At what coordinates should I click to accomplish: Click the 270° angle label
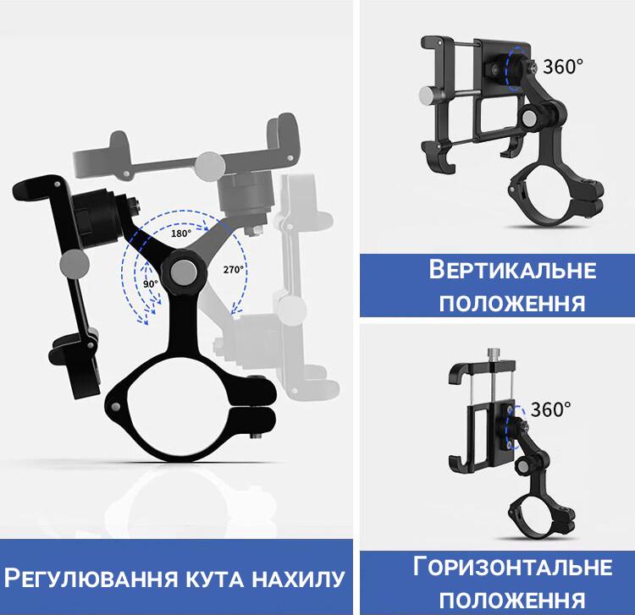pyautogui.click(x=234, y=269)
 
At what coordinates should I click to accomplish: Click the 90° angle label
pyautogui.click(x=151, y=285)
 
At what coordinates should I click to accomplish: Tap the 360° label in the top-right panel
pyautogui.click(x=563, y=66)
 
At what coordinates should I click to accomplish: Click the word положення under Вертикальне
pyautogui.click(x=513, y=302)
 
